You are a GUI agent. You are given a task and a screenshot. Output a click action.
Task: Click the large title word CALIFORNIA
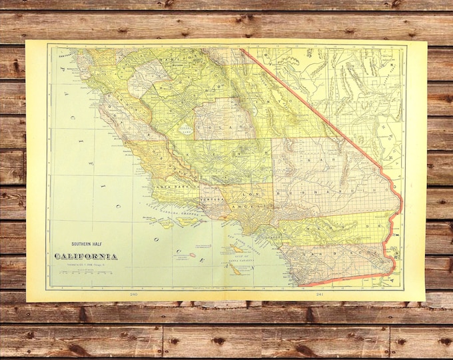pyautogui.click(x=87, y=257)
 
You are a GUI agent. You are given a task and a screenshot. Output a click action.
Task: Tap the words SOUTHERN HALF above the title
pyautogui.click(x=87, y=245)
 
